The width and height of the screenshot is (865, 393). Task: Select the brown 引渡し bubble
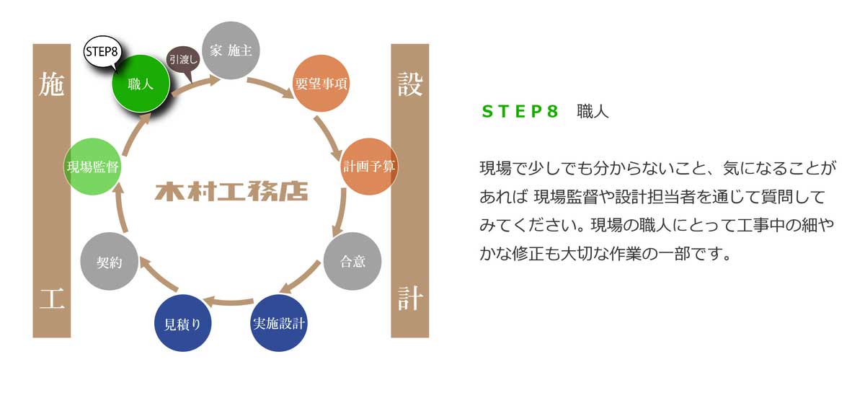182,60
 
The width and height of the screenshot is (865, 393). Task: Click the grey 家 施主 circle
231,50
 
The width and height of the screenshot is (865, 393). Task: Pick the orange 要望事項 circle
321,84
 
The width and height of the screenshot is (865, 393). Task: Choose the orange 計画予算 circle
368,165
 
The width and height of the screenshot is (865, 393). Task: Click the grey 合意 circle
352,261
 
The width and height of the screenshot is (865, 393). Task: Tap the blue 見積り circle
183,323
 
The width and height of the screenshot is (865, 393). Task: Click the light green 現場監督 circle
92,167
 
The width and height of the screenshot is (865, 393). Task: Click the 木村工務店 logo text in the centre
231,192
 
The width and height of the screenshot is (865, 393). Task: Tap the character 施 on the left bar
51,85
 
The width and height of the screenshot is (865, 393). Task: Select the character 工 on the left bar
51,298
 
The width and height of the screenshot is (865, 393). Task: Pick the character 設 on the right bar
409,85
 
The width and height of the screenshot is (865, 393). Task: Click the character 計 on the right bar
409,298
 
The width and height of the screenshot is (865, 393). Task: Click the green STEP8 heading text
520,112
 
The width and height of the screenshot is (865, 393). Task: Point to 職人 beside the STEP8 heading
593,112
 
